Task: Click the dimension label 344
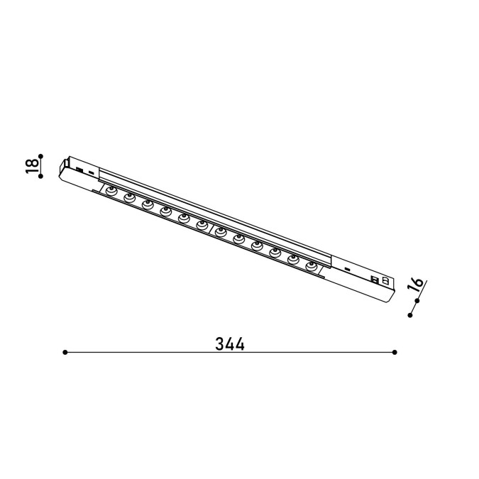click(x=230, y=344)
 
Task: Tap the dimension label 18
click(x=32, y=166)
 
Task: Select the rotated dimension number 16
click(x=415, y=284)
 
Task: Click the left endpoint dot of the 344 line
click(x=65, y=352)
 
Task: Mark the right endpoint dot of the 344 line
click(x=395, y=352)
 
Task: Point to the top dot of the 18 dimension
click(x=40, y=156)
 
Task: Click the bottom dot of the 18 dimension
click(x=40, y=176)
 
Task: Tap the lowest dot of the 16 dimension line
click(x=410, y=315)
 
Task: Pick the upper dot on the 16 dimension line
click(x=417, y=301)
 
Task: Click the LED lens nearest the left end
click(x=111, y=191)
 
